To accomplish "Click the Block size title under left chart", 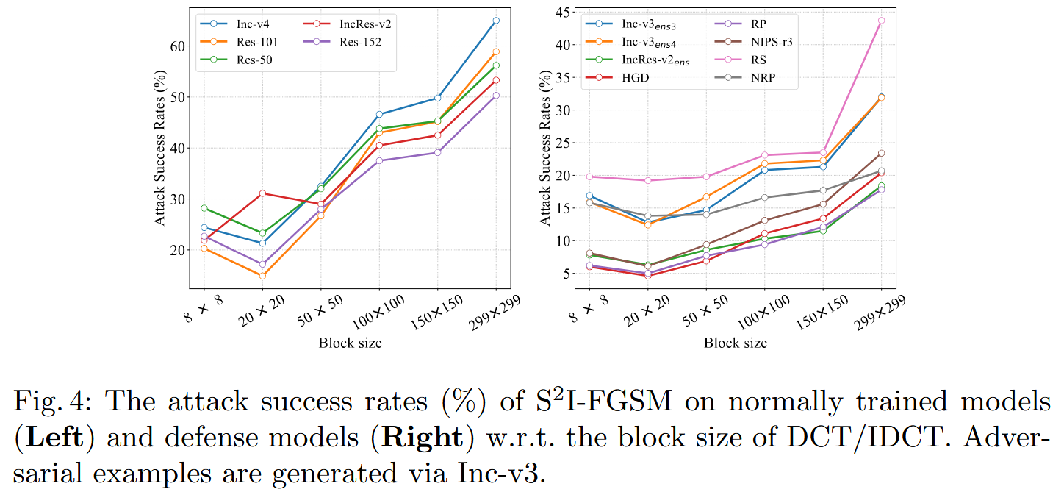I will click(350, 343).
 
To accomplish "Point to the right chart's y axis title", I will click(545, 148).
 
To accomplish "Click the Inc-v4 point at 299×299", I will click(496, 21).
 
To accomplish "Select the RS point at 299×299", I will click(881, 21).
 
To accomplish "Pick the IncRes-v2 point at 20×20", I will click(262, 193).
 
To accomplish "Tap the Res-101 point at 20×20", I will click(262, 276).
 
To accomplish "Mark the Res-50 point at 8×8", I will click(204, 208).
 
